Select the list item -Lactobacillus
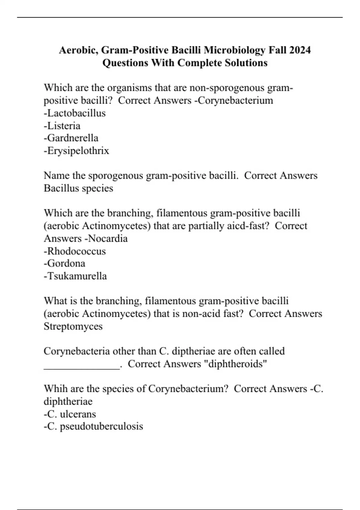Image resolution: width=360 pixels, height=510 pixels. (75, 113)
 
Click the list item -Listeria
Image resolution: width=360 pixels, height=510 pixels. (62, 126)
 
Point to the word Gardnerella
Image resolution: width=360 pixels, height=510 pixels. (73, 138)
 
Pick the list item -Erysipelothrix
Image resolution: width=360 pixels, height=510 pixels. (76, 151)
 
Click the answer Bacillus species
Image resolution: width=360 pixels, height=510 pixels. (78, 188)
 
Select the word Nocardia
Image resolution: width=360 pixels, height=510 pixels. (108, 238)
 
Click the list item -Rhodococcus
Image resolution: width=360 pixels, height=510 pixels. (75, 251)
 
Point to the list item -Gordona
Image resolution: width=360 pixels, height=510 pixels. (64, 263)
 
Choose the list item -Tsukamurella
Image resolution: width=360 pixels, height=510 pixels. (75, 276)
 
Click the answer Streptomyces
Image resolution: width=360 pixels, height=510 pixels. (73, 326)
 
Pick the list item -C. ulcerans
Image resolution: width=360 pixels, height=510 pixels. (70, 414)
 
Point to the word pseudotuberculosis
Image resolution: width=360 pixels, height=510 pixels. (101, 426)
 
